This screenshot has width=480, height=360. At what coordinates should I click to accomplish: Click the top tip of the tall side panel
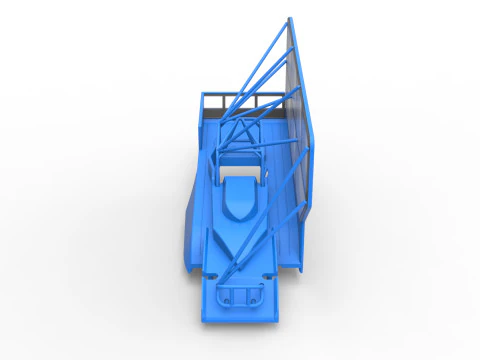tap(291, 19)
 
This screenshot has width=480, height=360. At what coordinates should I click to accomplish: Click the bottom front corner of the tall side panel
tap(301, 270)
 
